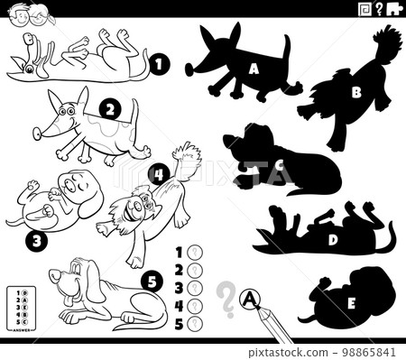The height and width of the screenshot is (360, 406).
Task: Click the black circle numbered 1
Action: [x=159, y=64]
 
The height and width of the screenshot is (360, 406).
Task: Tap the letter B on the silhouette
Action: [x=355, y=90]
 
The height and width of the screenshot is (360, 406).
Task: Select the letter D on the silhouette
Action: [x=333, y=239]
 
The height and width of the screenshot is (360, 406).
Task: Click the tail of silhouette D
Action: [x=390, y=236]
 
